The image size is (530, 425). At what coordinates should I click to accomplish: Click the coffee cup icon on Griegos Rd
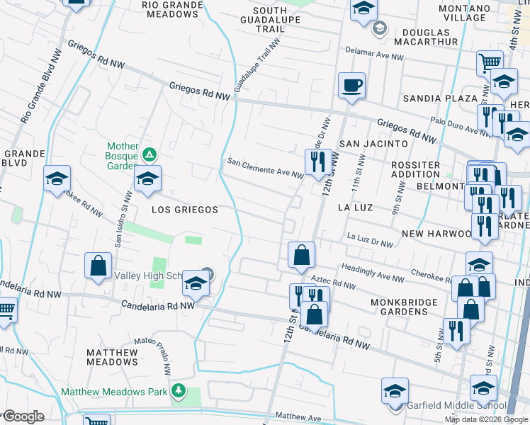click(x=352, y=86)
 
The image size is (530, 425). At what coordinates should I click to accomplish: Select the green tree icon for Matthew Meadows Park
click(x=180, y=391)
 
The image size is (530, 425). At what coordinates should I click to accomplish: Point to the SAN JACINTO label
click(x=373, y=144)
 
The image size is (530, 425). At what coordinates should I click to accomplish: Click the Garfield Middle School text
click(x=456, y=407)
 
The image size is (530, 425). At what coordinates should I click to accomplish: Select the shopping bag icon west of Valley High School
click(x=98, y=266)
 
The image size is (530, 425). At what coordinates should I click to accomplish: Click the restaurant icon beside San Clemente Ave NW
click(x=317, y=161)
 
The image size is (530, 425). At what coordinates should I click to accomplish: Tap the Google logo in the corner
click(x=23, y=417)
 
